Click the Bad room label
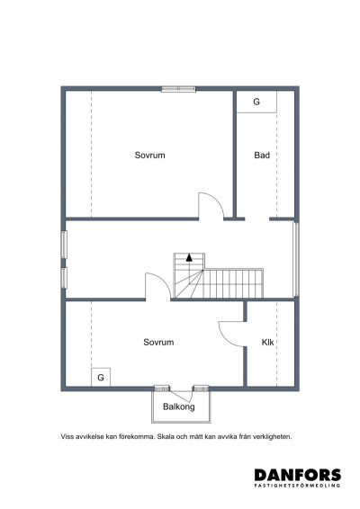pos(262,156)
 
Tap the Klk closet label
pos(267,342)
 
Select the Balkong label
pos(179,406)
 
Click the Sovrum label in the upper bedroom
pos(149,156)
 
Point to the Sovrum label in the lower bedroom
pos(158,342)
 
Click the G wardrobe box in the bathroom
pos(256,102)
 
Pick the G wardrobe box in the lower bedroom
pos(101,377)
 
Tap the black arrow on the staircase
pos(189,258)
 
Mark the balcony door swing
pos(182,397)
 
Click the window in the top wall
pos(178,89)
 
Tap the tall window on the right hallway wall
pos(296,259)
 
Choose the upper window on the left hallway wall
pos(64,245)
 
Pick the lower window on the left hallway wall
pos(64,278)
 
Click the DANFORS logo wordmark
pos(298,475)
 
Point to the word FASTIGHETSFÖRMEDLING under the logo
pos(297,486)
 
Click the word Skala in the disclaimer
pos(166,437)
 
